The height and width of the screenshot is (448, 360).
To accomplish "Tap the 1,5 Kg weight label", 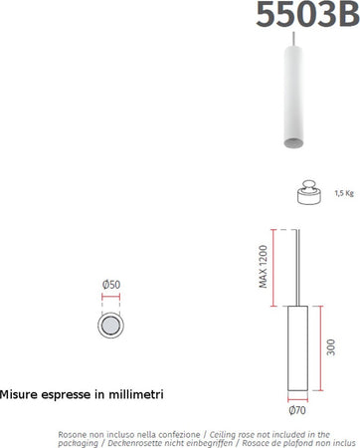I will [344, 193].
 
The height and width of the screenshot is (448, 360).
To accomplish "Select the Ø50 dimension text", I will [110, 285].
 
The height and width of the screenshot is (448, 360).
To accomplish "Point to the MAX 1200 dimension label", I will [265, 266].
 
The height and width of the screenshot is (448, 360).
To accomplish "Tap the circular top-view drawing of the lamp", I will [110, 327].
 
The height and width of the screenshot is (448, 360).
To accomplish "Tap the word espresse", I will [70, 394].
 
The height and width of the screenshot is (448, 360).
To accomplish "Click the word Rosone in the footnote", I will [75, 435].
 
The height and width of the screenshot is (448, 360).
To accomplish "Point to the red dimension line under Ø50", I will [110, 296].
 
